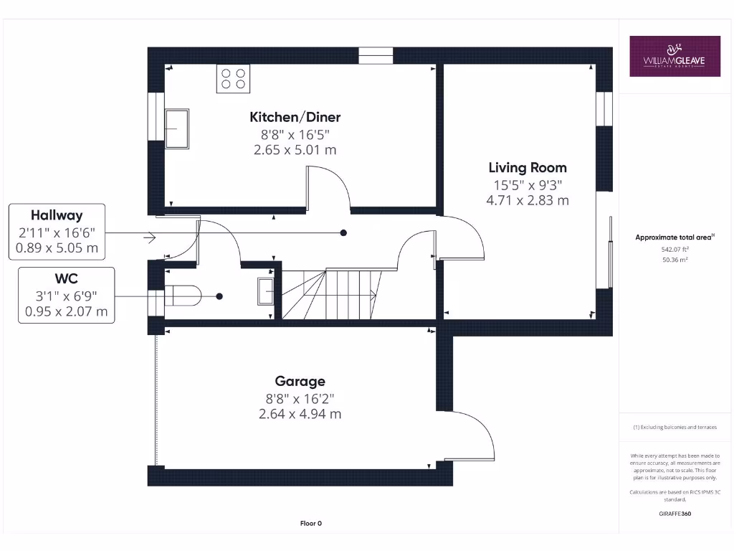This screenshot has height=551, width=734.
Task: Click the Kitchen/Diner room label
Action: [295, 117]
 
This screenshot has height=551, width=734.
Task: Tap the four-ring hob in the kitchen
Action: [233, 78]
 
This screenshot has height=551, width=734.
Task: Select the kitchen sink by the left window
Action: [177, 128]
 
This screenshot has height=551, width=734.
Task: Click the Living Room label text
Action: [528, 168]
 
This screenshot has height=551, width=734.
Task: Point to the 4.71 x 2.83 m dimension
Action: [528, 200]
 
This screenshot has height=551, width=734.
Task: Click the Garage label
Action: [300, 381]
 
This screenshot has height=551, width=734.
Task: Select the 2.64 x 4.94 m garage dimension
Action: [300, 414]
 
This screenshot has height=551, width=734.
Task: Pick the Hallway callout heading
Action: [57, 215]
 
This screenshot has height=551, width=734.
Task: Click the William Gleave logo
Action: [675, 56]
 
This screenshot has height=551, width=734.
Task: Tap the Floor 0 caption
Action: [310, 524]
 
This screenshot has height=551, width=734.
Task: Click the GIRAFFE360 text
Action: [675, 514]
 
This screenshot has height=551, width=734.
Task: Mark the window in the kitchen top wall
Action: [376, 55]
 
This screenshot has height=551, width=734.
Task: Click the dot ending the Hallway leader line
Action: [343, 233]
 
